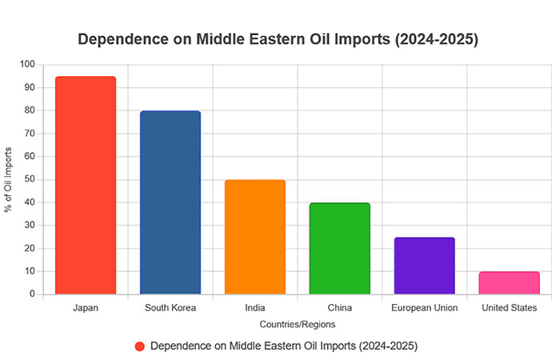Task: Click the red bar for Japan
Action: [x=86, y=185]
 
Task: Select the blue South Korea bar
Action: [x=170, y=202]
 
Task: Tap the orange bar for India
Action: [x=255, y=237]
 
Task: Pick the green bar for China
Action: [x=340, y=248]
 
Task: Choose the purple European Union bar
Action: [x=425, y=266]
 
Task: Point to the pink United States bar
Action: [x=510, y=283]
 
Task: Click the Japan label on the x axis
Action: [x=86, y=307]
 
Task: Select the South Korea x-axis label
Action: [x=170, y=307]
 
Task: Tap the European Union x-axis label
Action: [x=425, y=307]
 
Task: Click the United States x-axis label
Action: [x=510, y=307]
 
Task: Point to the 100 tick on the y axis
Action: [x=28, y=64]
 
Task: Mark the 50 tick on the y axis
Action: [x=30, y=179]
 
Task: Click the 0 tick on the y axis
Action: [x=33, y=294]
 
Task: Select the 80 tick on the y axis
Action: [x=30, y=110]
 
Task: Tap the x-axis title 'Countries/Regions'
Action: [x=298, y=325]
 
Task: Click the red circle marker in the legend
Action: [x=140, y=346]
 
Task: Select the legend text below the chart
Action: [x=284, y=346]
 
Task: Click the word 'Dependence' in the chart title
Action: [x=119, y=39]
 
